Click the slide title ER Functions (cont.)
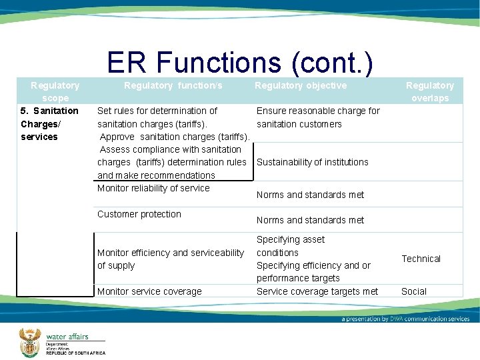(239, 63)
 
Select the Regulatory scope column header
(55, 92)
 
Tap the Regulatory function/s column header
(173, 85)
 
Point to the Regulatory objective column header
(301, 85)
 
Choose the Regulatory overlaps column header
(430, 92)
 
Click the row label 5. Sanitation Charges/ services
(49, 123)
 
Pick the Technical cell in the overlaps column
(421, 259)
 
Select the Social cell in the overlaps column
(413, 291)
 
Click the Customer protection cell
(139, 214)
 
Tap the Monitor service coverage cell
(149, 291)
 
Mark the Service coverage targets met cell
(317, 291)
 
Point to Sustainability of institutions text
(312, 162)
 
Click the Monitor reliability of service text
(153, 188)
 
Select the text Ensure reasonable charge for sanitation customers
(318, 117)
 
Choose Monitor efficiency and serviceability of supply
(171, 259)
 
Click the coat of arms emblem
(29, 341)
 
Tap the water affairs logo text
(67, 337)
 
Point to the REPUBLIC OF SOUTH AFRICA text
(75, 353)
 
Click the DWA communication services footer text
(405, 319)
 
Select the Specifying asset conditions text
(291, 246)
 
